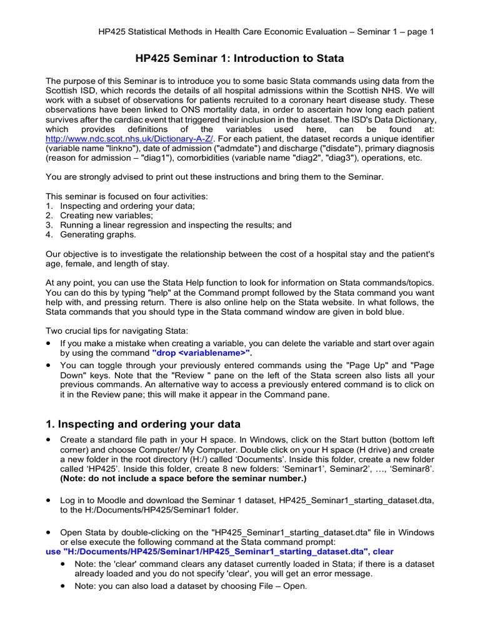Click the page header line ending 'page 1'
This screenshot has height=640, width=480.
pos(266,31)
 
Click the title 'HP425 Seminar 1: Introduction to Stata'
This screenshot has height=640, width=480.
pos(240,59)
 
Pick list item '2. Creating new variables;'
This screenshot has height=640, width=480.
pos(97,215)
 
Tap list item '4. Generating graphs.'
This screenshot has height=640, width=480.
pos(91,234)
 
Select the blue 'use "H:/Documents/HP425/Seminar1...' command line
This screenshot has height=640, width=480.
pos(220,552)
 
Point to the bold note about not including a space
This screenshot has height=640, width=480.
pos(175,479)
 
